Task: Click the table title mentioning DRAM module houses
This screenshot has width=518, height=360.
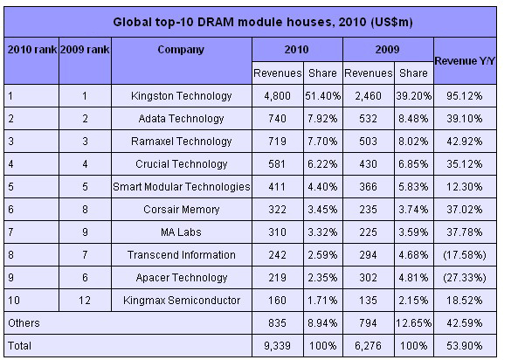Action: tap(263, 22)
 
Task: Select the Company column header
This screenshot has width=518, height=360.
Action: tap(181, 50)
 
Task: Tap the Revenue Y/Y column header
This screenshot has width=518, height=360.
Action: tap(465, 61)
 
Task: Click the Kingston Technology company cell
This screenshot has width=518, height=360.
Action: tap(182, 96)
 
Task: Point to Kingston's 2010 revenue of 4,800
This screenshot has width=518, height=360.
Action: tap(277, 96)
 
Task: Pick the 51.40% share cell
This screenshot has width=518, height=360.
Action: tap(322, 96)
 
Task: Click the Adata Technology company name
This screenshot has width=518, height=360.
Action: tap(182, 118)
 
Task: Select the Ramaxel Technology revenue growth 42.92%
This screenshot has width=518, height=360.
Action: tap(465, 142)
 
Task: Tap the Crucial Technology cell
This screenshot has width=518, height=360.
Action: tap(182, 164)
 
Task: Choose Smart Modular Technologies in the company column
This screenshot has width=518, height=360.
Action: tap(182, 187)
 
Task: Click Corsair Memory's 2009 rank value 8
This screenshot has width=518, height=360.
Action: tap(85, 209)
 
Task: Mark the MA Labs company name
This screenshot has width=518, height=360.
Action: tap(181, 232)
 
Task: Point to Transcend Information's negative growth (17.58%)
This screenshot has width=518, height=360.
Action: tap(465, 255)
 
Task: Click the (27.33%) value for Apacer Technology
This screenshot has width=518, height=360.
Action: tap(465, 277)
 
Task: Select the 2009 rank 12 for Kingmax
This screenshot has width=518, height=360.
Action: tap(85, 301)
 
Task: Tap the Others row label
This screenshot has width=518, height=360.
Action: tap(24, 323)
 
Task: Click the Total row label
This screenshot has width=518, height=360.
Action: tap(19, 346)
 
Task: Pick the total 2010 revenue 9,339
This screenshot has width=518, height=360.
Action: tap(277, 346)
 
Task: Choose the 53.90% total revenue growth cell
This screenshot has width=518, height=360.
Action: tap(465, 346)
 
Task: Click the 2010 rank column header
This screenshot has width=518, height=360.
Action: tap(32, 50)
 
